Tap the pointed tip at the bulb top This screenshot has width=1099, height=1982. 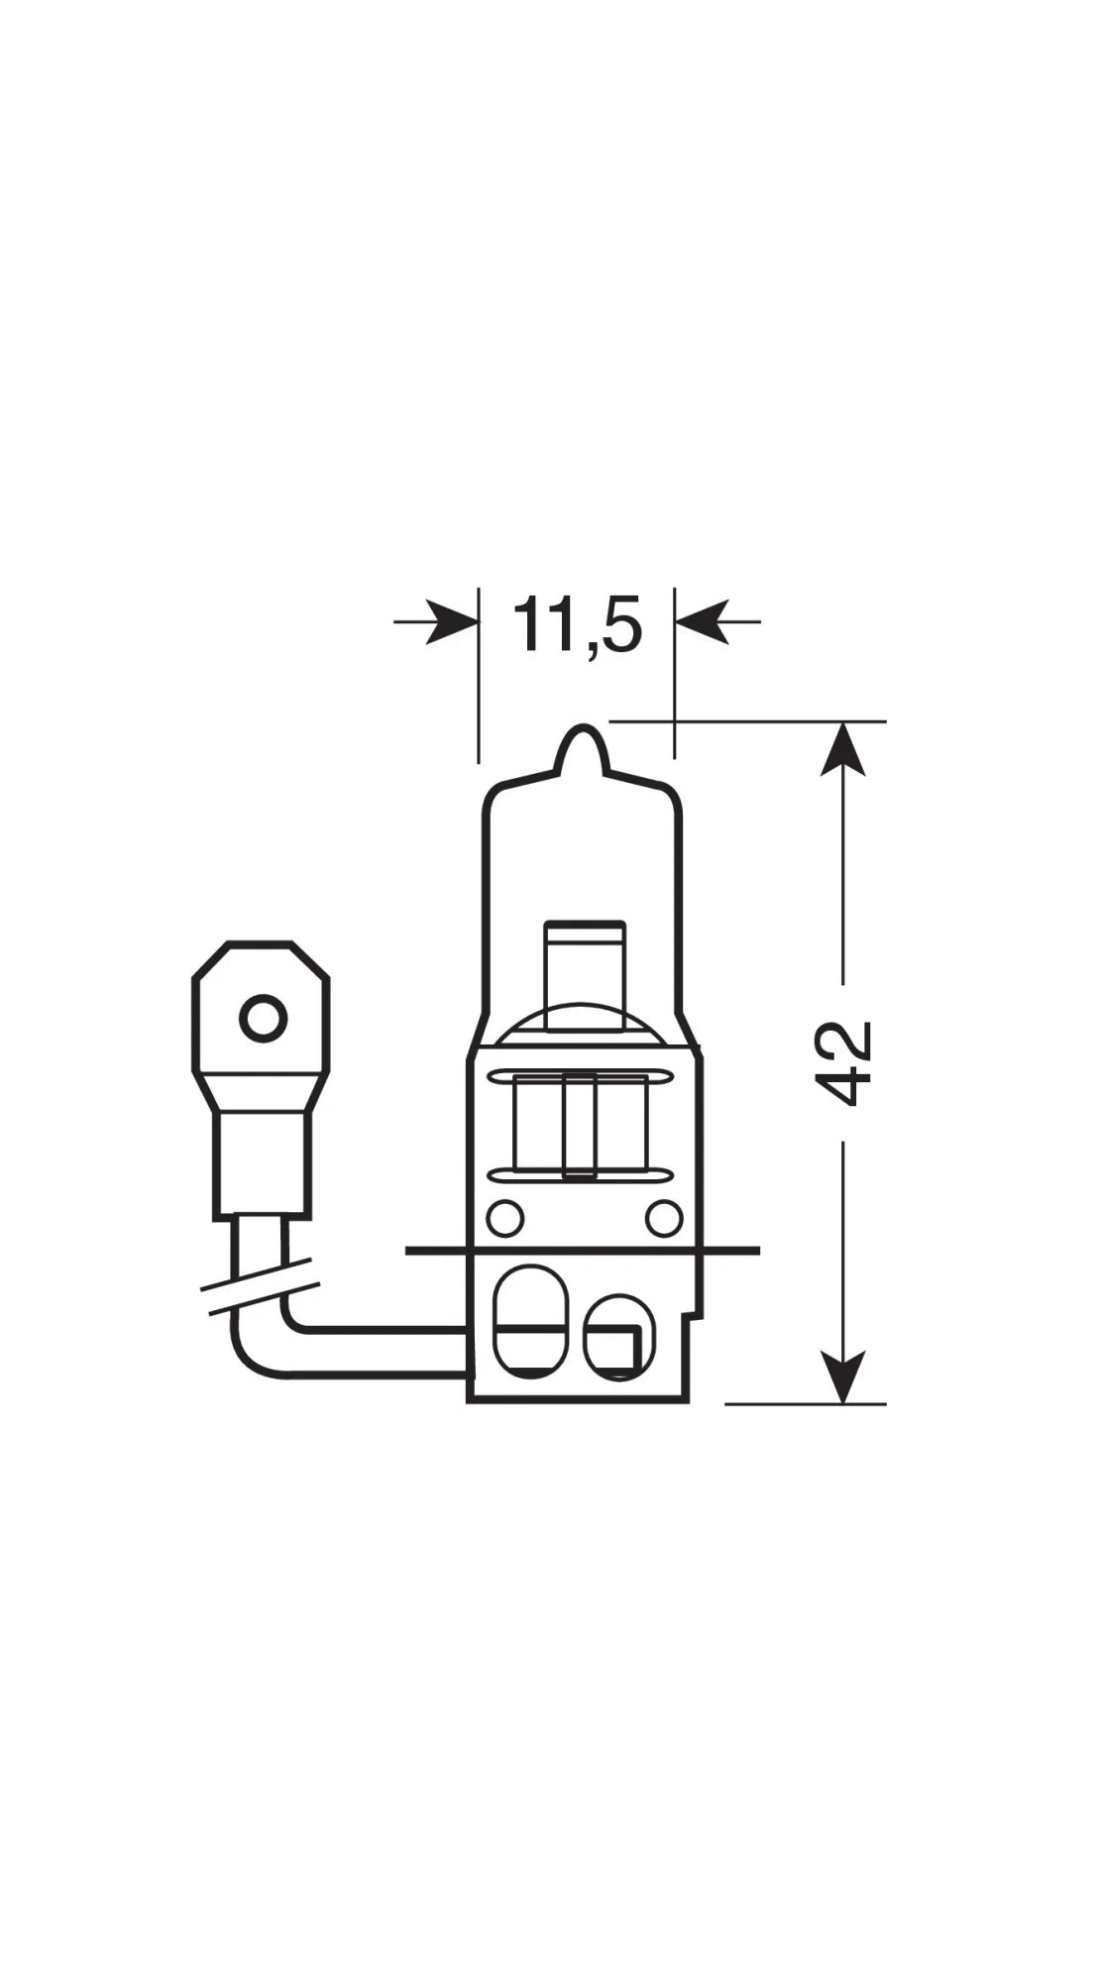click(582, 735)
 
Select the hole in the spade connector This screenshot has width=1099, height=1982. click(263, 1018)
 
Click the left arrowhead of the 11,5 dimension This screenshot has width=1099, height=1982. click(451, 622)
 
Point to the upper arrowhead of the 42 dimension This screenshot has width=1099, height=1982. click(843, 750)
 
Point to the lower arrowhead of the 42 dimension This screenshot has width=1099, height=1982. click(843, 1376)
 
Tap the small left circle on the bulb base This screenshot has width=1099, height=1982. click(505, 1217)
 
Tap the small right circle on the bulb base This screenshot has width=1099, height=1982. click(663, 1217)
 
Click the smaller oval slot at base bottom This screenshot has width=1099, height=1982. click(617, 1336)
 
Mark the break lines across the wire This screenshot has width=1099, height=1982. click(260, 1286)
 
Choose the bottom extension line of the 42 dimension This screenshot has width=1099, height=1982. click(805, 1403)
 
